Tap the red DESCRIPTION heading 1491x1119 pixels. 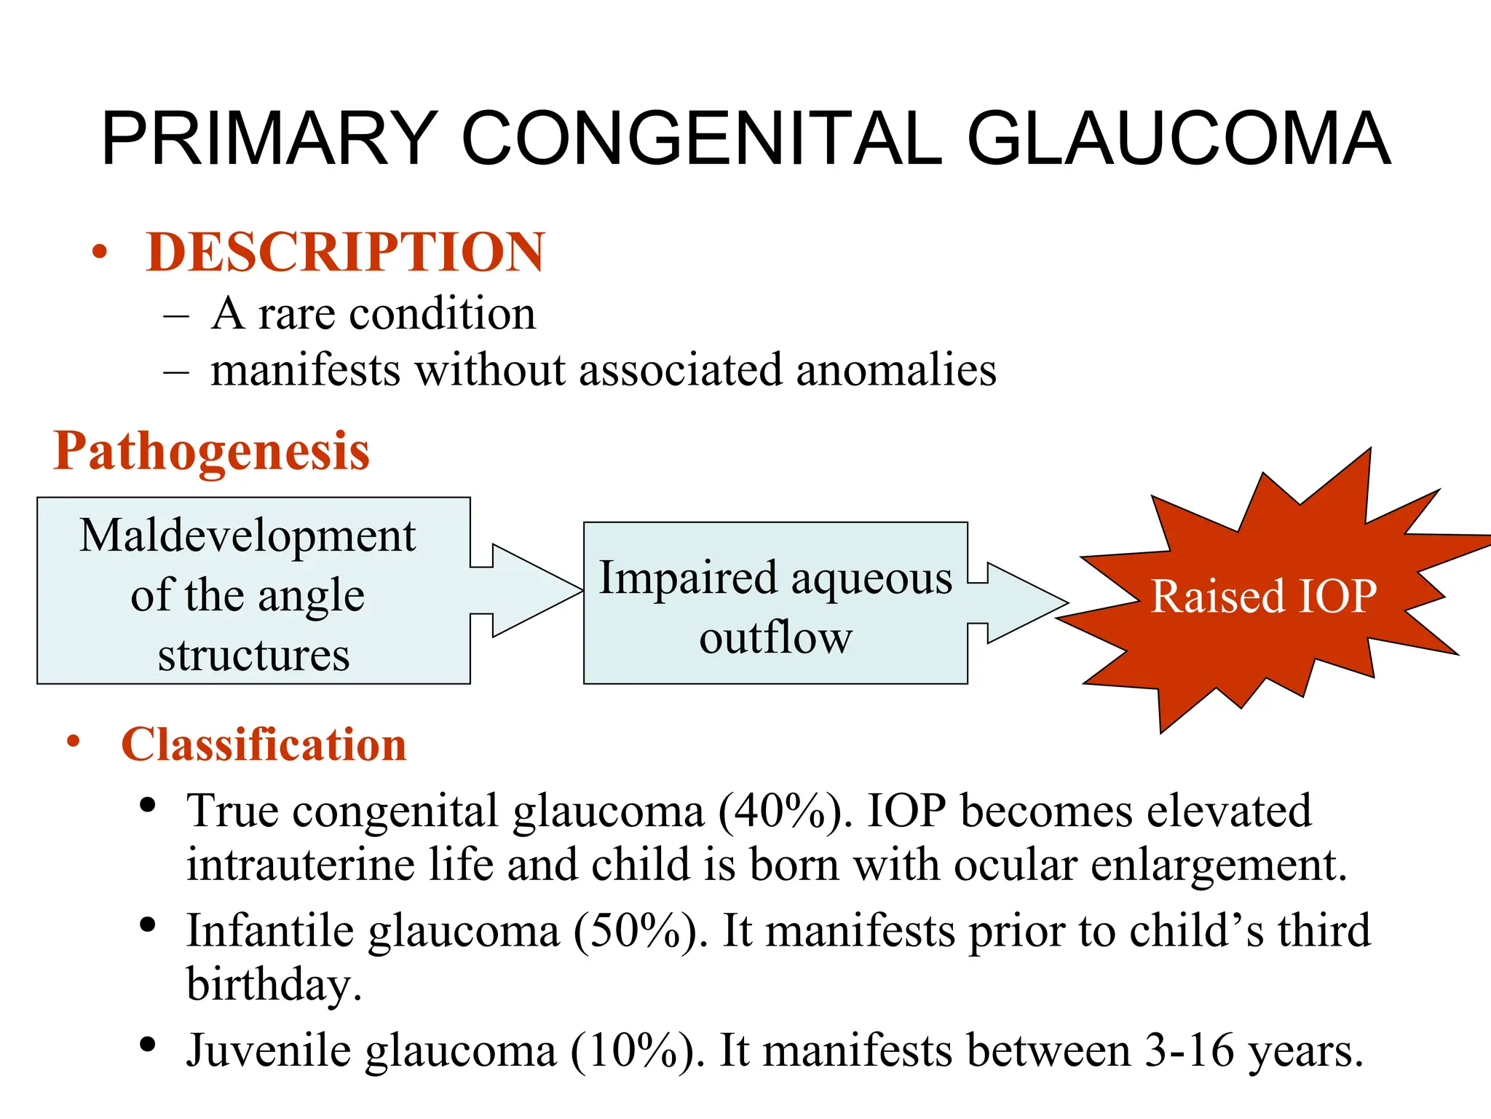click(345, 252)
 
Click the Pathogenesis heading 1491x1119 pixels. click(212, 451)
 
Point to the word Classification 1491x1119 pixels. click(264, 745)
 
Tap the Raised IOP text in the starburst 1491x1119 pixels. click(1263, 597)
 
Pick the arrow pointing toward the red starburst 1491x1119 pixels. click(1019, 602)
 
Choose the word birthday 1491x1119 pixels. click(273, 985)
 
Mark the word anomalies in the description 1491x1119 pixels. click(895, 370)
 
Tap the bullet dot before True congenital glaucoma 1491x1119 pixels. click(149, 806)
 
